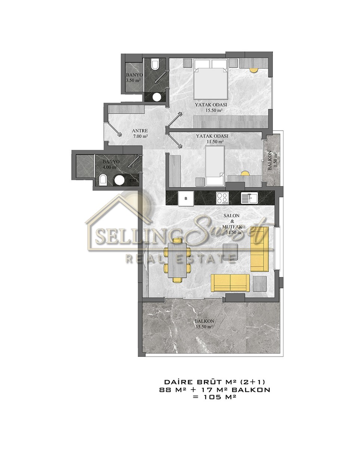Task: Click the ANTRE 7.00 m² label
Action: (x=140, y=134)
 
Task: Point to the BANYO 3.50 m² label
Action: (x=134, y=77)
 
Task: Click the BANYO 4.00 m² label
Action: (x=111, y=164)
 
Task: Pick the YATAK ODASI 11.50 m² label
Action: (x=212, y=139)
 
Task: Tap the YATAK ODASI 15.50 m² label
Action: (x=211, y=107)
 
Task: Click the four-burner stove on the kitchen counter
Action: (x=222, y=198)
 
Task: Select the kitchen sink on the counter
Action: (x=249, y=198)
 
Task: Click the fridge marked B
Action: (x=186, y=198)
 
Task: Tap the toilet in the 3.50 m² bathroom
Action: (x=155, y=64)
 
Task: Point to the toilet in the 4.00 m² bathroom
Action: (x=103, y=180)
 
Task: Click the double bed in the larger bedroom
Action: (x=210, y=79)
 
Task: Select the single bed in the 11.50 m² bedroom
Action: (x=215, y=166)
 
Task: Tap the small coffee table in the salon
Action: (x=230, y=251)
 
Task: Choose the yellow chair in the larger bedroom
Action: (x=254, y=70)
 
